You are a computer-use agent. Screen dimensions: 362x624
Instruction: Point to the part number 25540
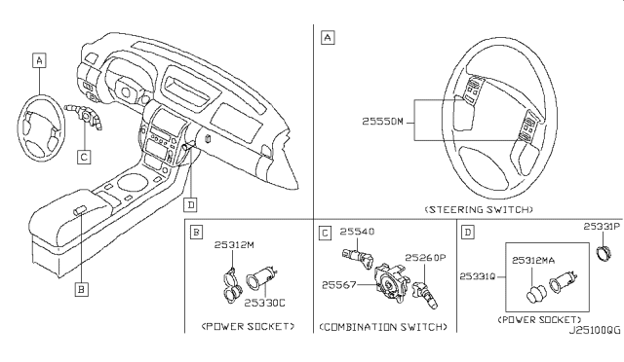(x=357, y=233)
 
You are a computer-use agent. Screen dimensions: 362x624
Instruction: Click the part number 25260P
(x=426, y=258)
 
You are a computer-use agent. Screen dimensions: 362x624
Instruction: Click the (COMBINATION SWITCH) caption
(x=377, y=326)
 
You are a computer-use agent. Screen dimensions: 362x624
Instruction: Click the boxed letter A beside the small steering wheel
(x=39, y=60)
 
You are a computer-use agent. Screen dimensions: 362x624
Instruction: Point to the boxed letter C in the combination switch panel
(x=325, y=234)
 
